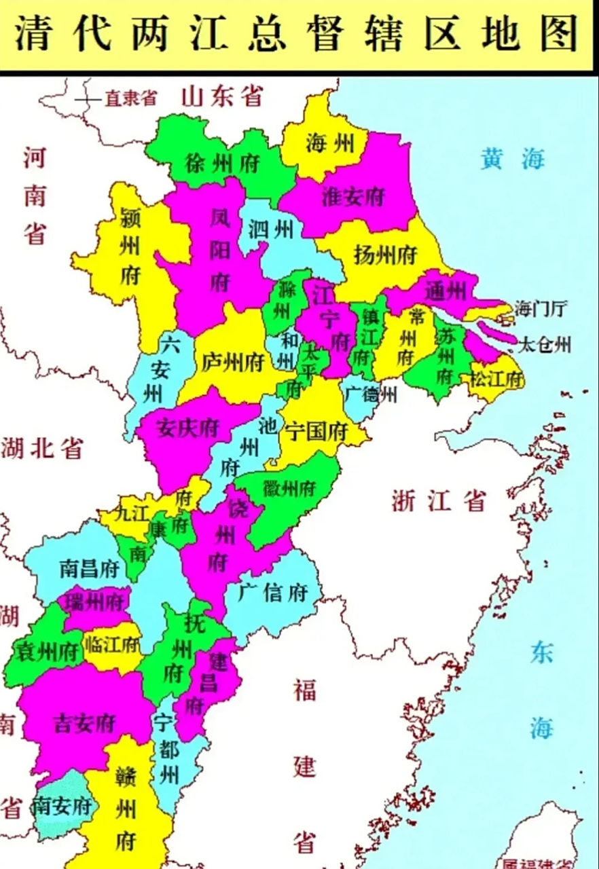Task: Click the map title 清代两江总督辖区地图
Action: pyautogui.click(x=296, y=33)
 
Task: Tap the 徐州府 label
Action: pyautogui.click(x=213, y=163)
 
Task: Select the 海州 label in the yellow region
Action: pyautogui.click(x=329, y=144)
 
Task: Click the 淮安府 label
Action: pyautogui.click(x=353, y=197)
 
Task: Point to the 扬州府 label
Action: pyautogui.click(x=385, y=255)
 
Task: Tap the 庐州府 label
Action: pyautogui.click(x=232, y=362)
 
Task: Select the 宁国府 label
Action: pyautogui.click(x=316, y=431)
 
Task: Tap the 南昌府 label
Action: pyautogui.click(x=90, y=568)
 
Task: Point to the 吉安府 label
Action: pyautogui.click(x=84, y=723)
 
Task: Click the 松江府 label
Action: pyautogui.click(x=497, y=379)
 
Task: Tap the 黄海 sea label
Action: pyautogui.click(x=513, y=160)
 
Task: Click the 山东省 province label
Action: pyautogui.click(x=221, y=96)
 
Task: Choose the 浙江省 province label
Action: pyautogui.click(x=439, y=502)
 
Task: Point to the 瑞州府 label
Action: pyautogui.click(x=94, y=602)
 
